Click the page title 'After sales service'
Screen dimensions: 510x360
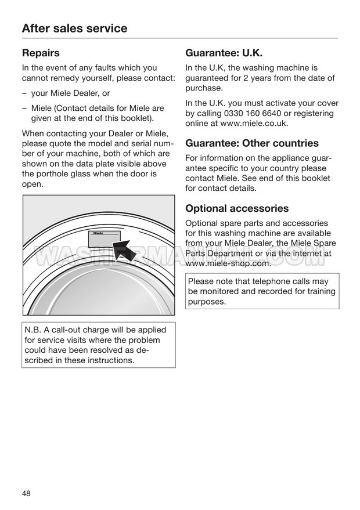click(74, 28)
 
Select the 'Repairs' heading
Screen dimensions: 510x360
click(41, 53)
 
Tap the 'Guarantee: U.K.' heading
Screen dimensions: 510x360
click(224, 53)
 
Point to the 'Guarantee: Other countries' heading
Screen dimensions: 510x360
click(252, 143)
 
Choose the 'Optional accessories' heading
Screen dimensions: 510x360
click(237, 208)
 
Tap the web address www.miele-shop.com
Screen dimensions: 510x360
click(228, 263)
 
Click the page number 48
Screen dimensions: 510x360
click(27, 494)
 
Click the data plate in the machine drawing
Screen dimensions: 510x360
click(104, 237)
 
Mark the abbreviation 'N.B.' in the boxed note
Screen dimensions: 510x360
click(33, 330)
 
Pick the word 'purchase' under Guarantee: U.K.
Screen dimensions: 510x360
click(204, 88)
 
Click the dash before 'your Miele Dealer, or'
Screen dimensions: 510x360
click(24, 93)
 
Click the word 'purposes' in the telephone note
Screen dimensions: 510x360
click(206, 302)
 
